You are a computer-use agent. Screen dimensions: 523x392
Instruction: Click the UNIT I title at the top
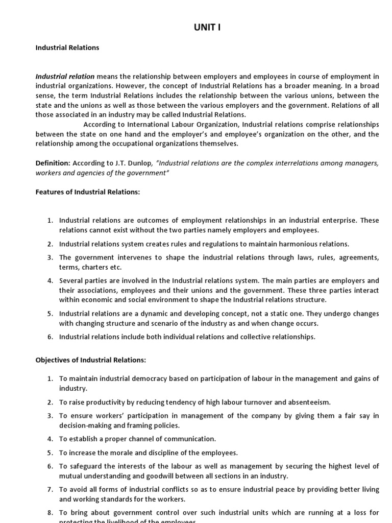click(207, 28)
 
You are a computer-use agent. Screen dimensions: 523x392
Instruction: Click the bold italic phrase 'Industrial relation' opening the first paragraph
click(65, 77)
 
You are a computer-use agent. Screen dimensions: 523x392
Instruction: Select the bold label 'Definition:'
click(53, 163)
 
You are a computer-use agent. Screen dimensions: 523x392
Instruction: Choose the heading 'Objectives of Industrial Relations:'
click(90, 360)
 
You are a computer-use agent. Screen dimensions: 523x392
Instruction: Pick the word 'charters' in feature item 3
click(94, 267)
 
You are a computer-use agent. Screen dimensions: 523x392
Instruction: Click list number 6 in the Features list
click(50, 337)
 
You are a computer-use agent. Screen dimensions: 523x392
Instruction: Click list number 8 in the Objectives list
click(50, 513)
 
